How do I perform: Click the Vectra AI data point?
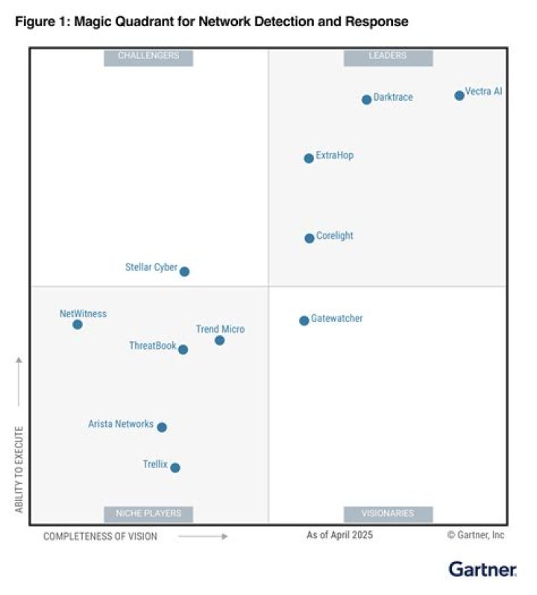coord(459,96)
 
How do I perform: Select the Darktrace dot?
coord(366,100)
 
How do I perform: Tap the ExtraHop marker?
coord(309,158)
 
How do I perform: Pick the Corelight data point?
coord(310,238)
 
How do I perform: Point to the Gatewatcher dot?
coord(304,321)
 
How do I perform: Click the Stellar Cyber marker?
coord(184,272)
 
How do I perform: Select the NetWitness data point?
coord(78,325)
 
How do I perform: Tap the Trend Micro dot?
coord(219,340)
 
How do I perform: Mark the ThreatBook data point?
coord(183,349)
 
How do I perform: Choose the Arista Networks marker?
coord(162,427)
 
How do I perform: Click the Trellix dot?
coord(175,468)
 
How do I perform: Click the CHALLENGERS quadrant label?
coord(148,56)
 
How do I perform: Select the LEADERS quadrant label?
coord(388,56)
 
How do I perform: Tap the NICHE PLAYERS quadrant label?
coord(148,514)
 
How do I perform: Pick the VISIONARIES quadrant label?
coord(388,514)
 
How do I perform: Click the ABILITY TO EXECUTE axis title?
coord(19,469)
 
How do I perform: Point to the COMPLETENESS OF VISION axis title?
coord(100,536)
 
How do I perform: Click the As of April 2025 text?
coord(339,535)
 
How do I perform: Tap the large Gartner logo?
coord(483,570)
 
